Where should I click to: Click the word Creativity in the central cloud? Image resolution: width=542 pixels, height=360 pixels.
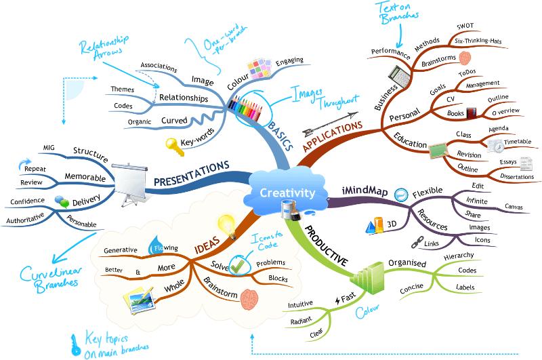(x=287, y=193)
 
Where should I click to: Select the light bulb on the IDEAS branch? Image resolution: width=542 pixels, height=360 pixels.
(x=228, y=226)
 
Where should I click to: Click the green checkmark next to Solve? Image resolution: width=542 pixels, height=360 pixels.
(x=238, y=265)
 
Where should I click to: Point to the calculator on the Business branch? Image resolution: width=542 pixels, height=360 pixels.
(x=399, y=76)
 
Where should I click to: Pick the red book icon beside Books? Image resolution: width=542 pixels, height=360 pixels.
(x=471, y=113)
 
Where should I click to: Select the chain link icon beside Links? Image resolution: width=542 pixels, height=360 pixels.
(x=417, y=242)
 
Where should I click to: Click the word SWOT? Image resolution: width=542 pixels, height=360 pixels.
(x=465, y=26)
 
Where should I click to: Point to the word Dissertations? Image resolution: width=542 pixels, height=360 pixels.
(x=517, y=176)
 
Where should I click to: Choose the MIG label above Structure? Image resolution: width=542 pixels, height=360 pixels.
(x=49, y=147)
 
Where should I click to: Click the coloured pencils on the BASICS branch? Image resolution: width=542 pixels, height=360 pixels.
(x=245, y=107)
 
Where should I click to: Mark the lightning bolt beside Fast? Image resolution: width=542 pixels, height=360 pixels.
(x=337, y=300)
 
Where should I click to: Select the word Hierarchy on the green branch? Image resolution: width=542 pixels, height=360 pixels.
(x=459, y=256)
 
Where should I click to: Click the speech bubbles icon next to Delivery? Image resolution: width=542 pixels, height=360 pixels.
(x=62, y=201)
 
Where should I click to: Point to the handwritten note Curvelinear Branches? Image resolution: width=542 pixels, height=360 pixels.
(x=50, y=279)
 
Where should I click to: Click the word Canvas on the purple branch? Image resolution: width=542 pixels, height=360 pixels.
(x=514, y=207)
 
